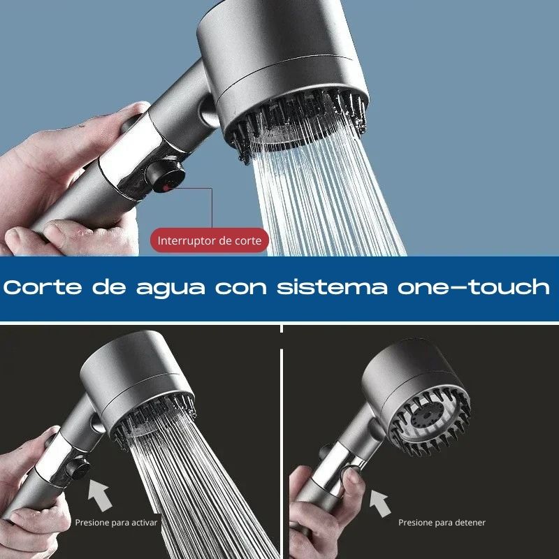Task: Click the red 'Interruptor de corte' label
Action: click(209, 241)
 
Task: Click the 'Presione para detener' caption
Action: click(442, 522)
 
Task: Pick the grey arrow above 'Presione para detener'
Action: click(379, 501)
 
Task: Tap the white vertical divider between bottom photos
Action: click(281, 447)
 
